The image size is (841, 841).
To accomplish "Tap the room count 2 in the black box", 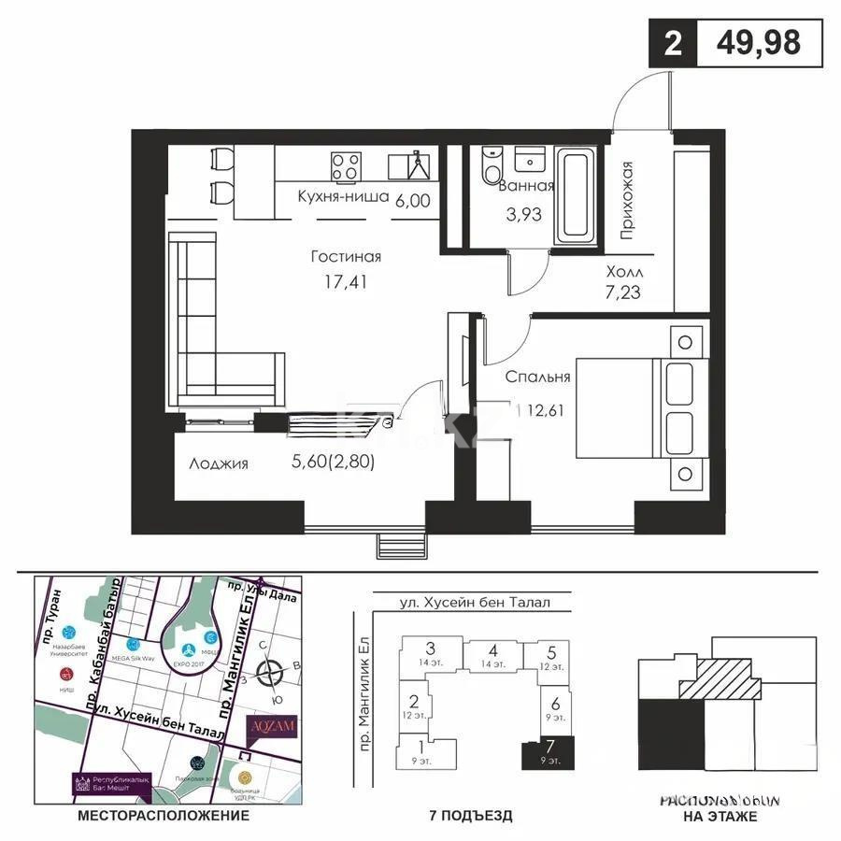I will tap(672, 44).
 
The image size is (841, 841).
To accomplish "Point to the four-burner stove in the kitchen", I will tap(346, 165).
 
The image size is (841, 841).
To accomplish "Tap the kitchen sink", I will tap(416, 165).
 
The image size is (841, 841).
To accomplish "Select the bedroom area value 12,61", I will tap(546, 407).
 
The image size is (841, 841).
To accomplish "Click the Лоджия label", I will tap(219, 463).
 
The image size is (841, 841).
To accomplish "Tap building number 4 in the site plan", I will tap(492, 654).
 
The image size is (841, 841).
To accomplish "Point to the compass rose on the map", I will tap(272, 671).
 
